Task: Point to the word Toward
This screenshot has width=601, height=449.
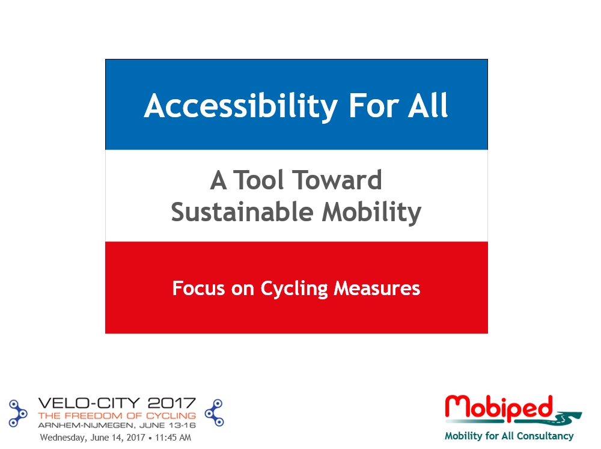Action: (x=337, y=180)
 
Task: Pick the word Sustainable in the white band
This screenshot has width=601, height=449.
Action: (x=242, y=212)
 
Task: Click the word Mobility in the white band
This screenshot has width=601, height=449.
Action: (x=371, y=213)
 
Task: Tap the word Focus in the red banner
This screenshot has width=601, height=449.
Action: (x=198, y=288)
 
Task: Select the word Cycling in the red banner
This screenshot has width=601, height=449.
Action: (x=294, y=289)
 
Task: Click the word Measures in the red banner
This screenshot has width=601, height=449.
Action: (x=377, y=289)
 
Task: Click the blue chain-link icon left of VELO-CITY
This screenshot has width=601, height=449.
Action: (x=17, y=413)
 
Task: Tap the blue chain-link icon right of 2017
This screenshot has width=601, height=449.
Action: (x=215, y=412)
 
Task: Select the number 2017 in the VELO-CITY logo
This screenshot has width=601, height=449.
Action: (x=172, y=403)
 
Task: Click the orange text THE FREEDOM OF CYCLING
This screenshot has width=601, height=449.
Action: (x=117, y=416)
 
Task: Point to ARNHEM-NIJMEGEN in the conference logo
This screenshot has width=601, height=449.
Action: (x=85, y=425)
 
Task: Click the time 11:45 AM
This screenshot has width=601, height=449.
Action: (x=173, y=438)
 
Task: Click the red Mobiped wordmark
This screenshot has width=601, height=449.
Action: (x=499, y=408)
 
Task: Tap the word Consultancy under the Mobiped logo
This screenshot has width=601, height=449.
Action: (x=545, y=436)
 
